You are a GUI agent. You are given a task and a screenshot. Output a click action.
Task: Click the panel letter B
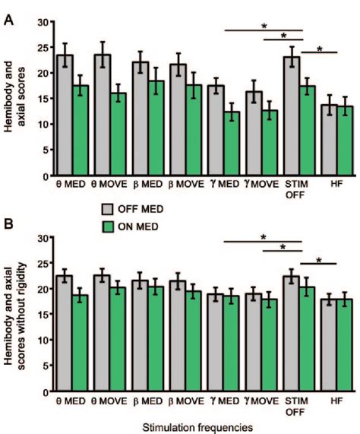pos(8,225)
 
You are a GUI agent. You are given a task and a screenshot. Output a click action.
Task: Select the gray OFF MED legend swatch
pos(112,207)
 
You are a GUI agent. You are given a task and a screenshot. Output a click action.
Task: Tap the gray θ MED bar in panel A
pos(65,115)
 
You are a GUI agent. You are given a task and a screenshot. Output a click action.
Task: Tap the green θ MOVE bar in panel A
pos(119,134)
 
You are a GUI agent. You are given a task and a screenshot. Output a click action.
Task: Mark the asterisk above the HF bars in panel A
pos(319,49)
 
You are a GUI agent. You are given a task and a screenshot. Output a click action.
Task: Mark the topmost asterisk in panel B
pos(264,237)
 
